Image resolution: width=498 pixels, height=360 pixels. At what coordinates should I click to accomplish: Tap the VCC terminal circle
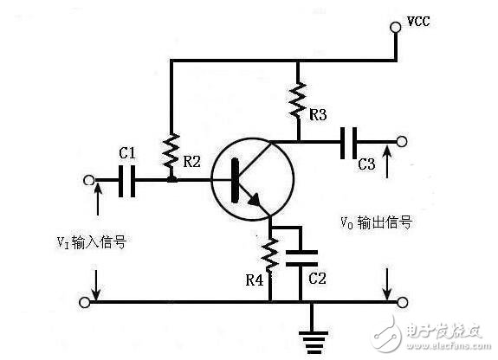pyautogui.click(x=396, y=27)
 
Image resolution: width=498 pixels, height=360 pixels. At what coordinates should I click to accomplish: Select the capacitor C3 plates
pyautogui.click(x=351, y=140)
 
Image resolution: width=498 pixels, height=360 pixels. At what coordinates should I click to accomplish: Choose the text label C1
pyautogui.click(x=127, y=154)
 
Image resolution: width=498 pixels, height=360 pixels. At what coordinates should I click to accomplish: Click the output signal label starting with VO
pyautogui.click(x=375, y=222)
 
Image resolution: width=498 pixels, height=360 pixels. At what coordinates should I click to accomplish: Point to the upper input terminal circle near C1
pyautogui.click(x=87, y=181)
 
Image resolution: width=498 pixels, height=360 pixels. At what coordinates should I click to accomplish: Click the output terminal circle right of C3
pyautogui.click(x=399, y=140)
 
